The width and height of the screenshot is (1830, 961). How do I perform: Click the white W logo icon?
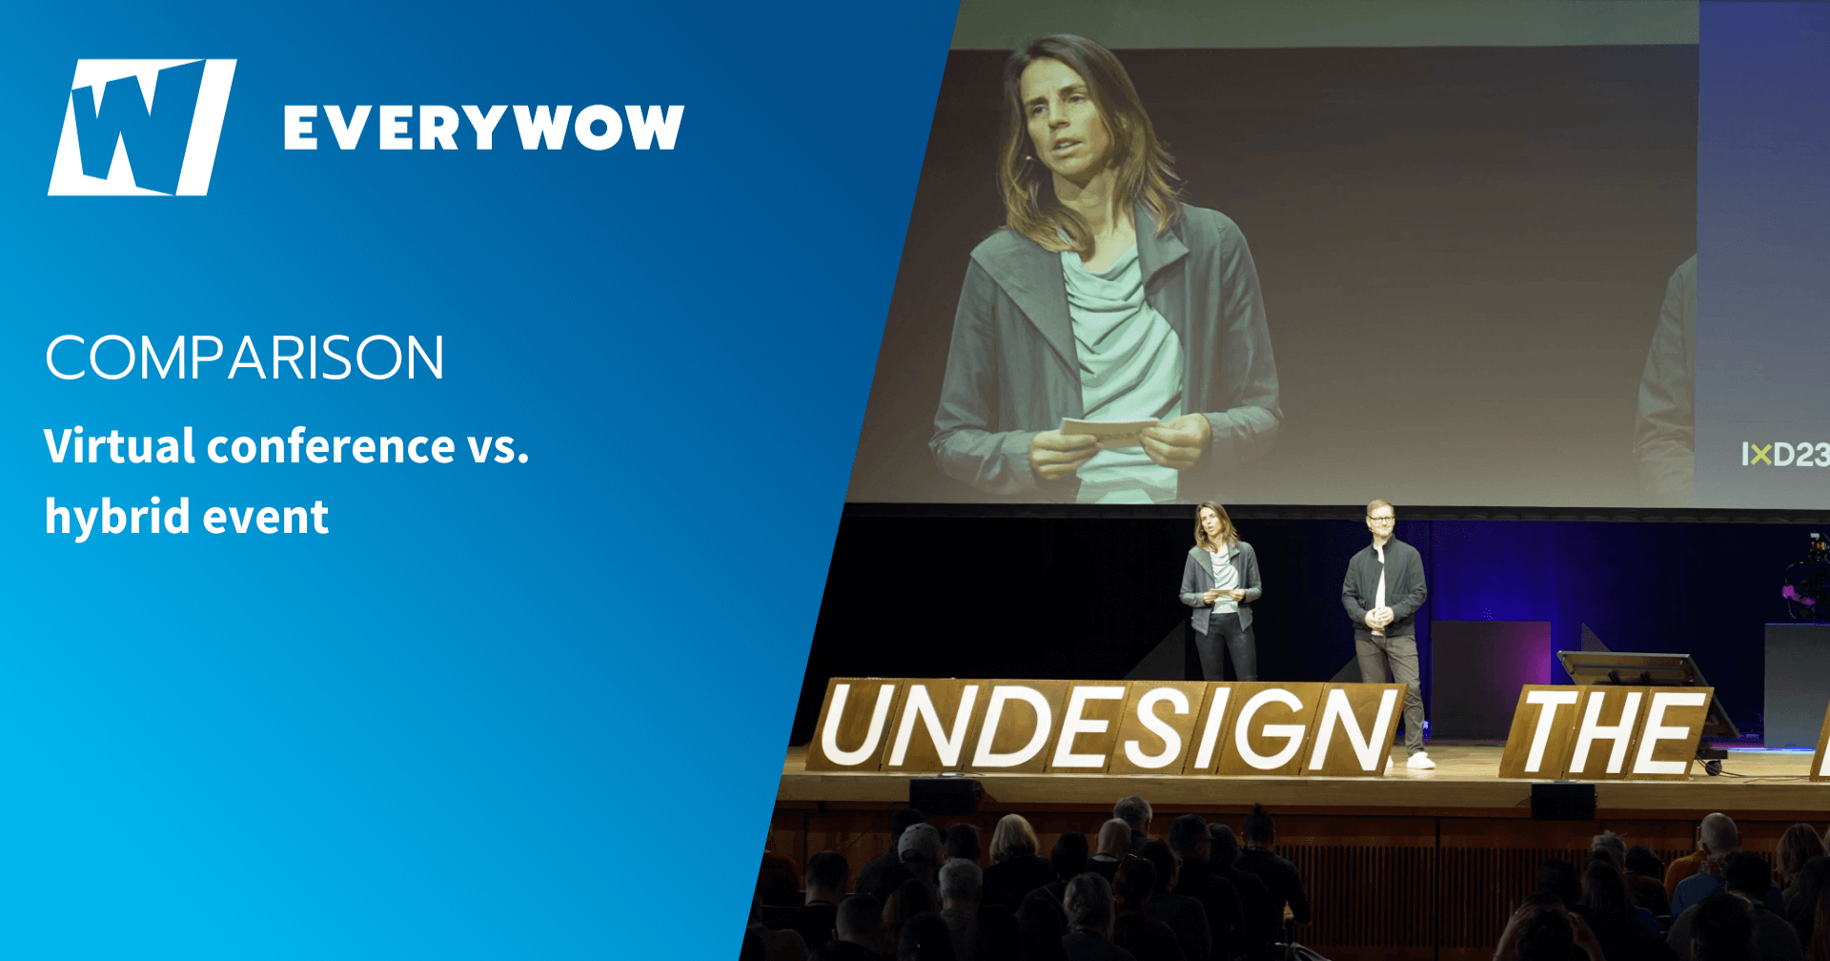[x=142, y=127]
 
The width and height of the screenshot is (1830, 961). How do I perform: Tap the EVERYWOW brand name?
[x=484, y=128]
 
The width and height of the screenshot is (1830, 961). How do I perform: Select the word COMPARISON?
[x=245, y=358]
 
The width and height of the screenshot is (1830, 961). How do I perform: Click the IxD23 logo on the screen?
[x=1784, y=455]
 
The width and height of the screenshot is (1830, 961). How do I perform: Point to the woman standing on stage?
[x=1220, y=591]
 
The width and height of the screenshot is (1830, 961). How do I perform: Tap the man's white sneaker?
[x=1420, y=760]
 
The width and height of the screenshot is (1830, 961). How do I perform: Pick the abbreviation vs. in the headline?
[x=498, y=448]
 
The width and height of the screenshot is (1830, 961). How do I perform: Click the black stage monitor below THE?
[x=1563, y=801]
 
